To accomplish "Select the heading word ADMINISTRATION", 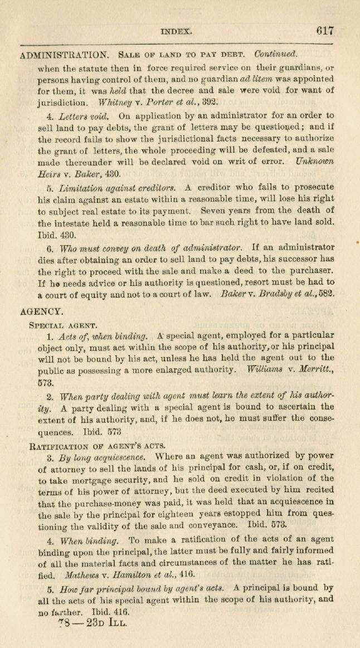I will click(64, 55).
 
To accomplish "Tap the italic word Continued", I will click(276, 55).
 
